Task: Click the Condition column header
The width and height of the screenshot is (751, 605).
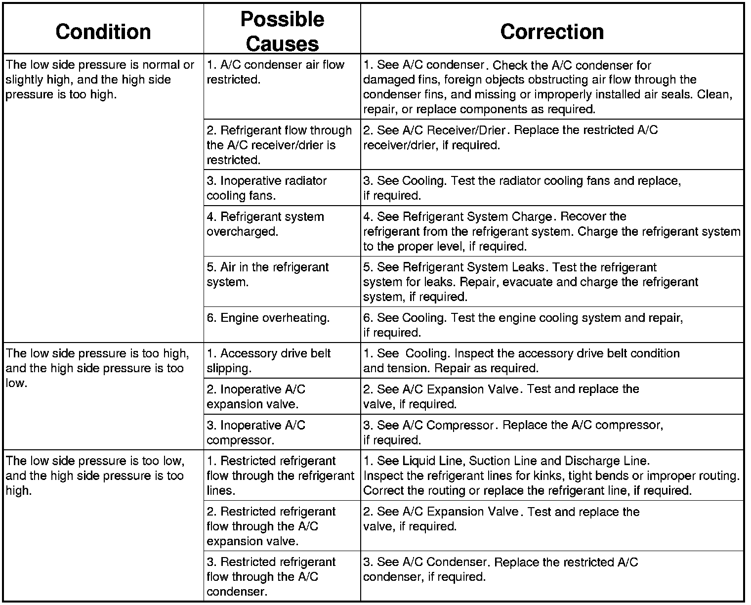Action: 103,31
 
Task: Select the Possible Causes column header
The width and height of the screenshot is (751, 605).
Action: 282,32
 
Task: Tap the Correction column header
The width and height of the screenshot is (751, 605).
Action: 552,31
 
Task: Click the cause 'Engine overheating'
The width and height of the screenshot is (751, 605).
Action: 268,318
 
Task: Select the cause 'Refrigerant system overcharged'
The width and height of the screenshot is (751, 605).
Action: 265,224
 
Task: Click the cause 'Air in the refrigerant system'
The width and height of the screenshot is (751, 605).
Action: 267,274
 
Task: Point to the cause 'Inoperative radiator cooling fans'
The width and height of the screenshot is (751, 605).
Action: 266,188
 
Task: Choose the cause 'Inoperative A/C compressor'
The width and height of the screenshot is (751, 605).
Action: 256,432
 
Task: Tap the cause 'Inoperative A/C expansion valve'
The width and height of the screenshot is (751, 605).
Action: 256,396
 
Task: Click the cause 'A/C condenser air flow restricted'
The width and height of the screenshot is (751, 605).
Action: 275,72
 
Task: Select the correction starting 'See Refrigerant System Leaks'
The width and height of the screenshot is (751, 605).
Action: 531,282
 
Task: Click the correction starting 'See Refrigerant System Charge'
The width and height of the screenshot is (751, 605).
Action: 551,231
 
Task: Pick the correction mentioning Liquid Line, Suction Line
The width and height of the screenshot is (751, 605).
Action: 551,475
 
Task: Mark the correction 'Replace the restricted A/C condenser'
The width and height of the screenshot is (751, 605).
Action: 501,569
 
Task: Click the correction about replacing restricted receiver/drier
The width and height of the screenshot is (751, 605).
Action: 510,137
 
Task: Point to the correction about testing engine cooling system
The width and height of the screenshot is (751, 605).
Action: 523,325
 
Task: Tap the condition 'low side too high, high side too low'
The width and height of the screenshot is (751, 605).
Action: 97,368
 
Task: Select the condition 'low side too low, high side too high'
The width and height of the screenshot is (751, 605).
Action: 95,475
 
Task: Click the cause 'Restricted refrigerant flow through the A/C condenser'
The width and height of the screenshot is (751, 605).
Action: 271,576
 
